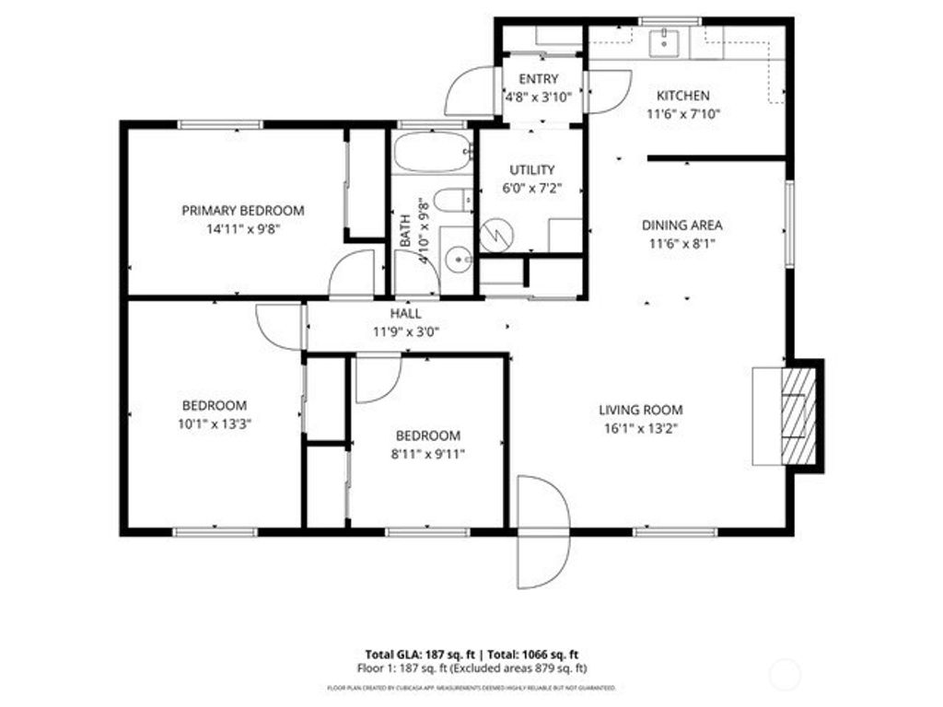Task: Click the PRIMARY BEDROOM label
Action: pyautogui.click(x=242, y=210)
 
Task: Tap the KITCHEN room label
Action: pyautogui.click(x=682, y=96)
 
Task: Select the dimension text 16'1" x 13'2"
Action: pyautogui.click(x=641, y=428)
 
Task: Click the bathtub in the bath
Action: pyautogui.click(x=431, y=153)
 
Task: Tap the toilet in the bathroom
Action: pyautogui.click(x=452, y=200)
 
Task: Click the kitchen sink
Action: pyautogui.click(x=663, y=41)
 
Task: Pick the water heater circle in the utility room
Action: pyautogui.click(x=497, y=232)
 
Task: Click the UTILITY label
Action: pyautogui.click(x=532, y=169)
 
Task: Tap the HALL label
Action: pyautogui.click(x=405, y=314)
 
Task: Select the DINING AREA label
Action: pyautogui.click(x=681, y=225)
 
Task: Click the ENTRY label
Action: pyautogui.click(x=539, y=79)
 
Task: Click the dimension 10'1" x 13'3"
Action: pyautogui.click(x=214, y=424)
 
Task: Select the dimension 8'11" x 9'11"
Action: pyautogui.click(x=428, y=454)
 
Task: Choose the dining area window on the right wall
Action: pyautogui.click(x=788, y=224)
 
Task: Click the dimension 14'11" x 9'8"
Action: pyautogui.click(x=242, y=228)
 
